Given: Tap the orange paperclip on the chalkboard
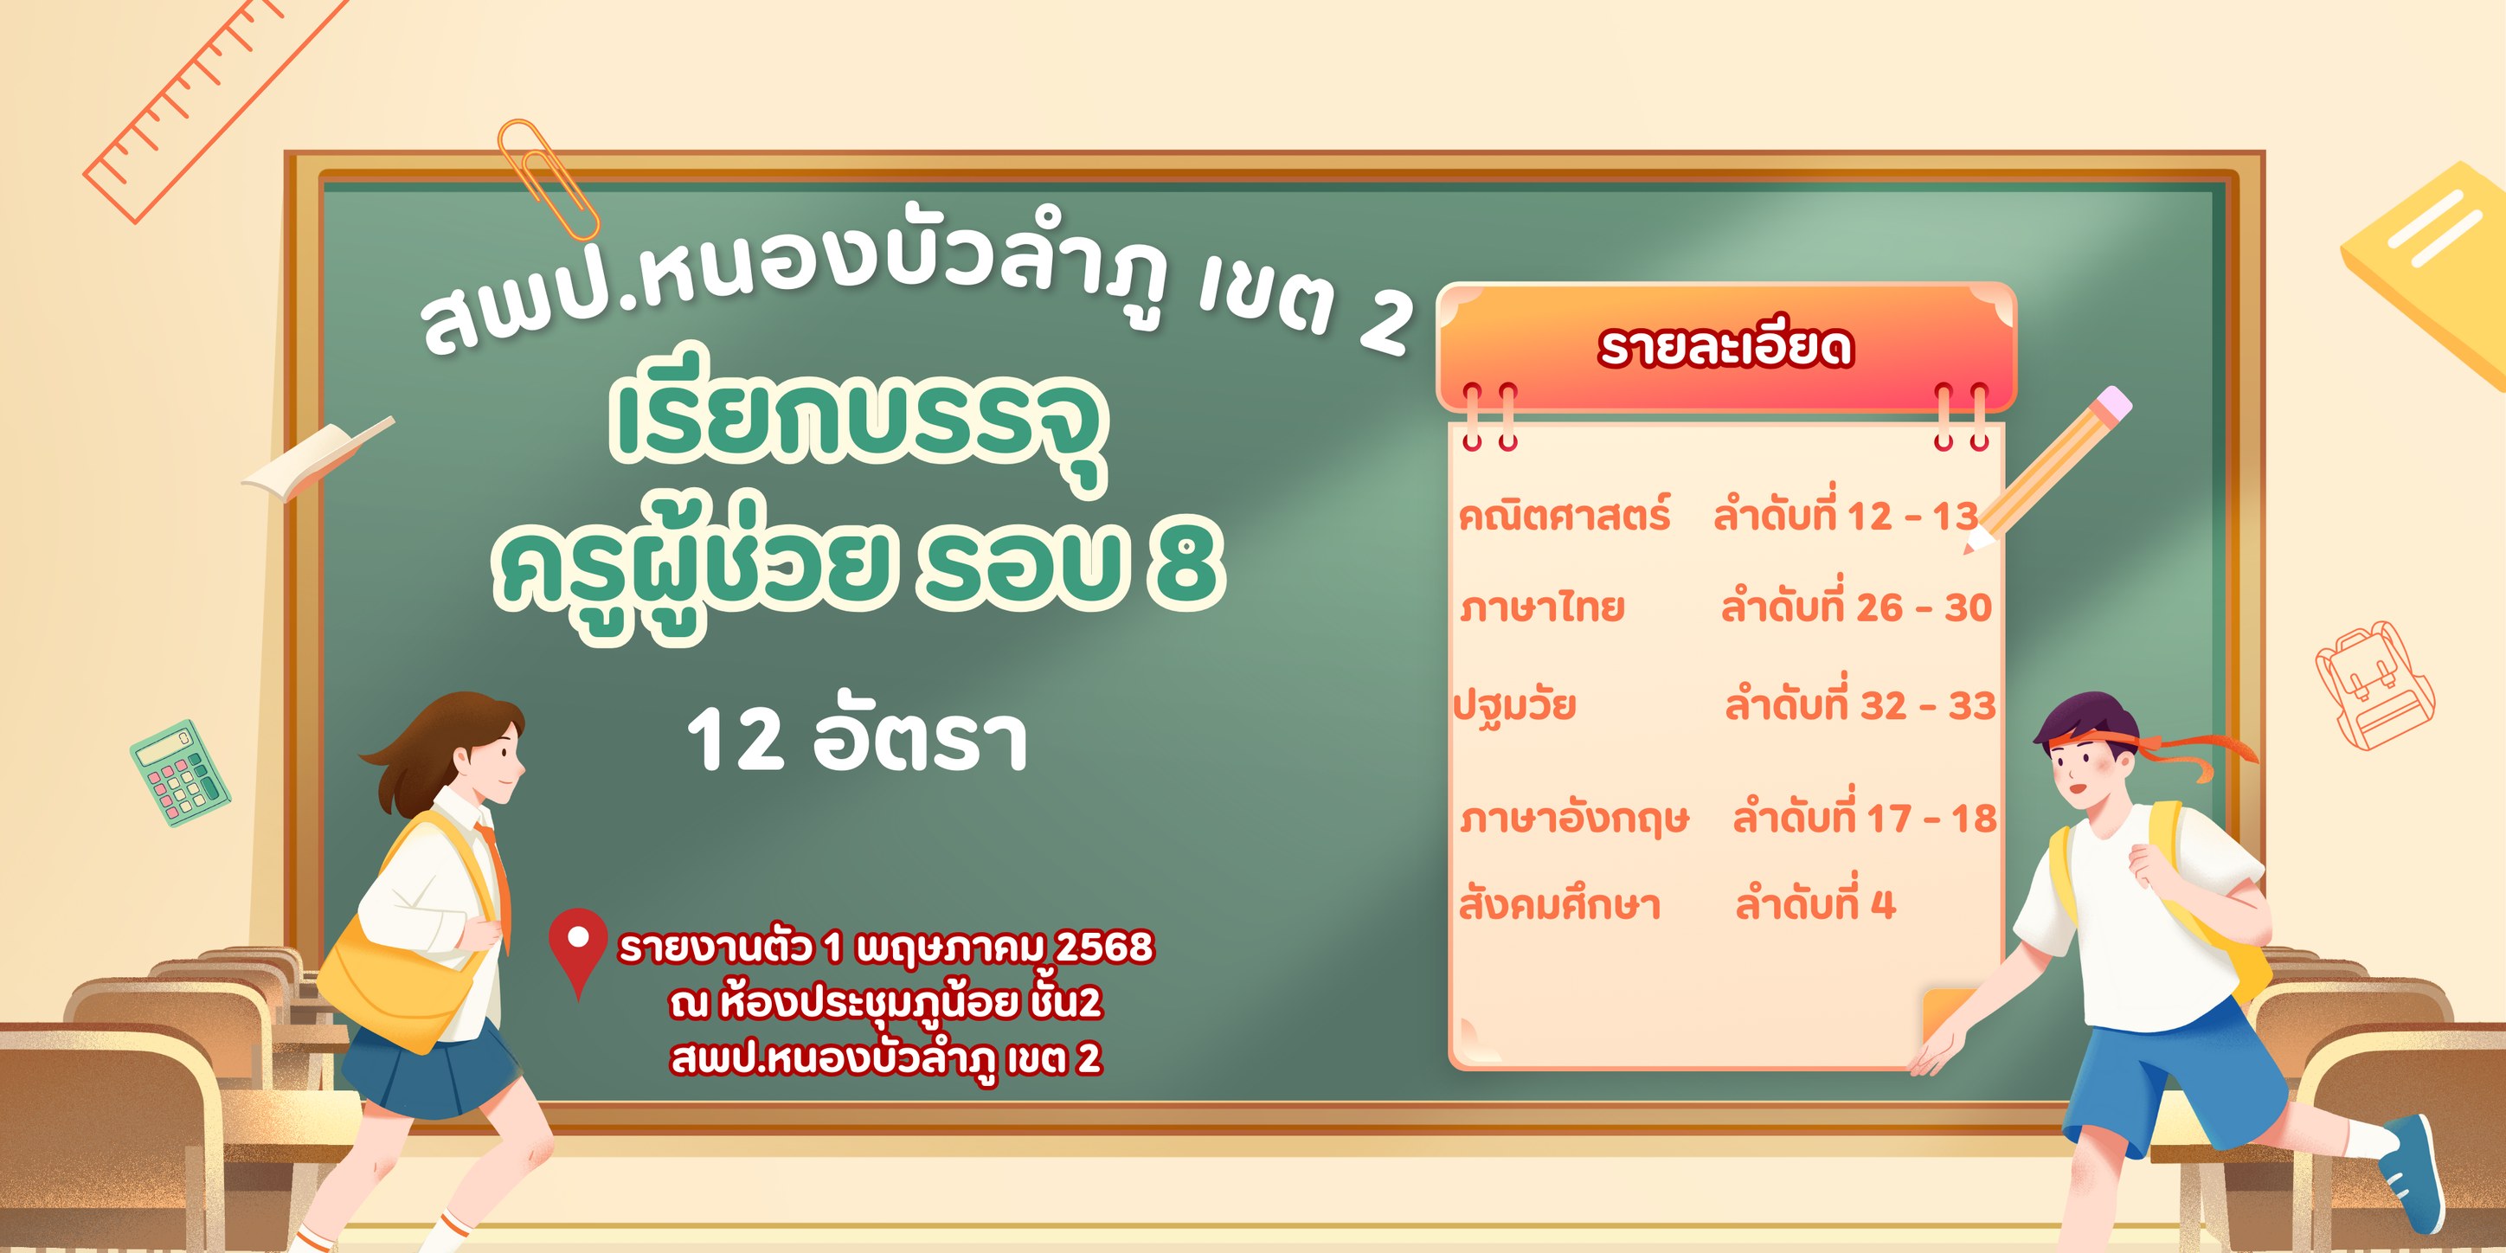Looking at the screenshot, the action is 548,180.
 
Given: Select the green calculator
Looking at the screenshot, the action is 180,774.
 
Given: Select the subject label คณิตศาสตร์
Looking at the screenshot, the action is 1565,515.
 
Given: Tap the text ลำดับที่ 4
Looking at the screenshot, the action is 1815,902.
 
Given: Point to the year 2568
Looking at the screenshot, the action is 1104,946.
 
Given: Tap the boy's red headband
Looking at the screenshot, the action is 2150,749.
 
